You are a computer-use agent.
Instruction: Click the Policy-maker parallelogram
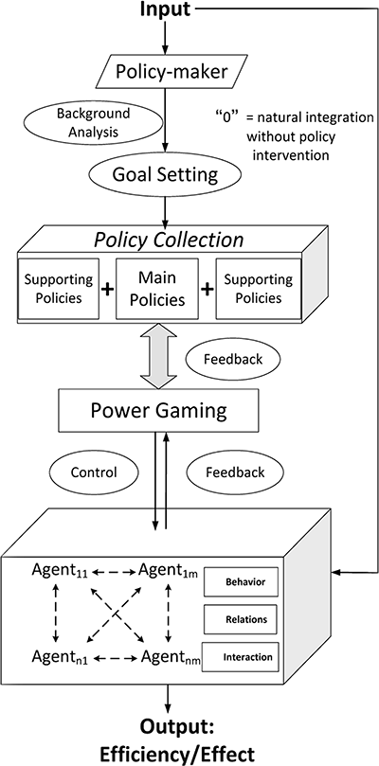pyautogui.click(x=166, y=72)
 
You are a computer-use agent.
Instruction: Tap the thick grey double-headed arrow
pyautogui.click(x=165, y=356)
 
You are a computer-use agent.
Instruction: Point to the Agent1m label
pyautogui.click(x=171, y=570)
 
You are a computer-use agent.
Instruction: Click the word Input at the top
pyautogui.click(x=166, y=10)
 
